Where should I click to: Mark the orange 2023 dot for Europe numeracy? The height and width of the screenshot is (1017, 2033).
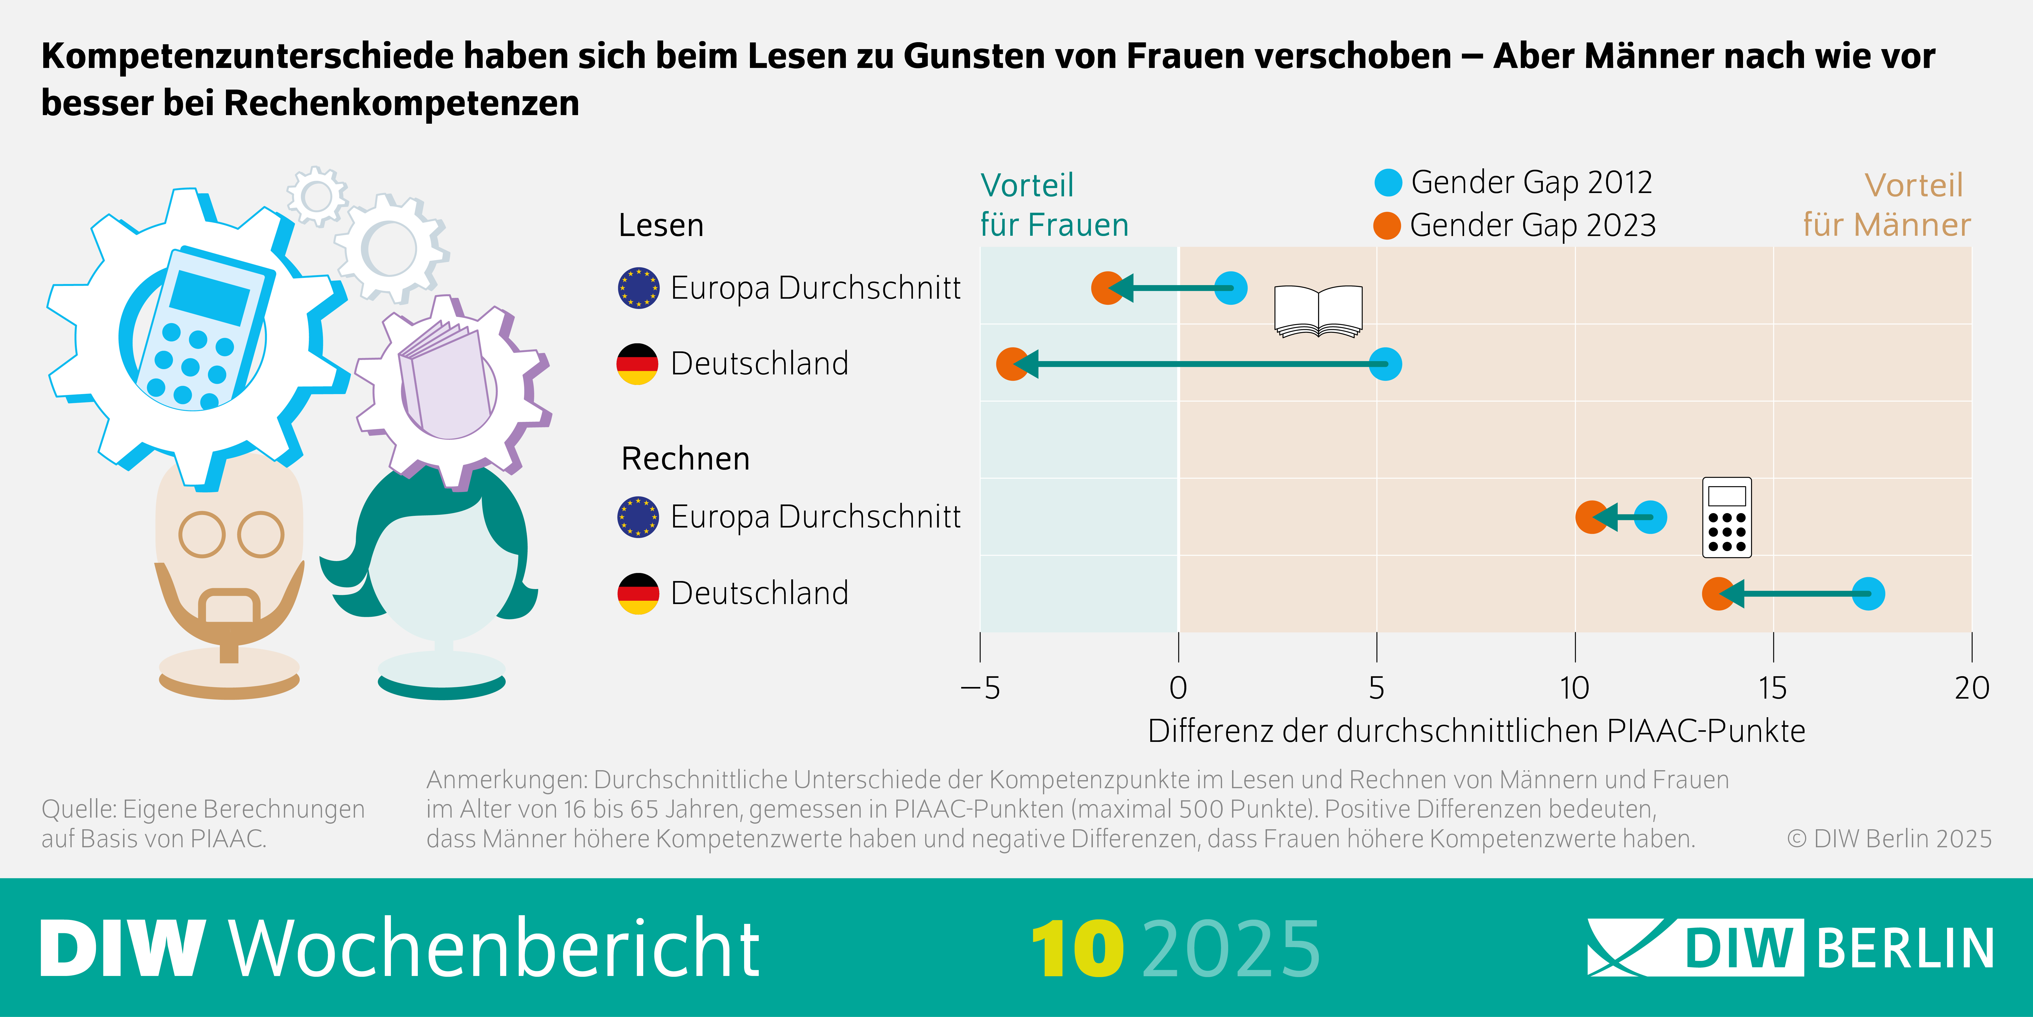coord(1591,517)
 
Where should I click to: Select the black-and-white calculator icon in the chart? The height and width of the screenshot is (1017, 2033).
coord(1727,517)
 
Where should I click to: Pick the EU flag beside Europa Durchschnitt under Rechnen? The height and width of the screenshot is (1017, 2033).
coord(638,517)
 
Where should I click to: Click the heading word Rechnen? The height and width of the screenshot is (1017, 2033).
coord(685,459)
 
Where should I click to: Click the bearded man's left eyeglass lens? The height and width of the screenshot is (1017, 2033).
coord(202,534)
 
